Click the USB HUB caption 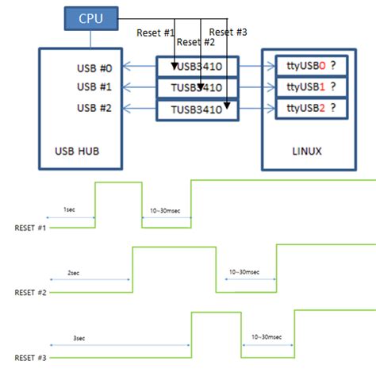click(81, 151)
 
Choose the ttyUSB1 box click(311, 86)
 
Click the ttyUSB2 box click(311, 108)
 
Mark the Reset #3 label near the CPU click(228, 33)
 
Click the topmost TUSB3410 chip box click(198, 66)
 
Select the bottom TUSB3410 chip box click(198, 109)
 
